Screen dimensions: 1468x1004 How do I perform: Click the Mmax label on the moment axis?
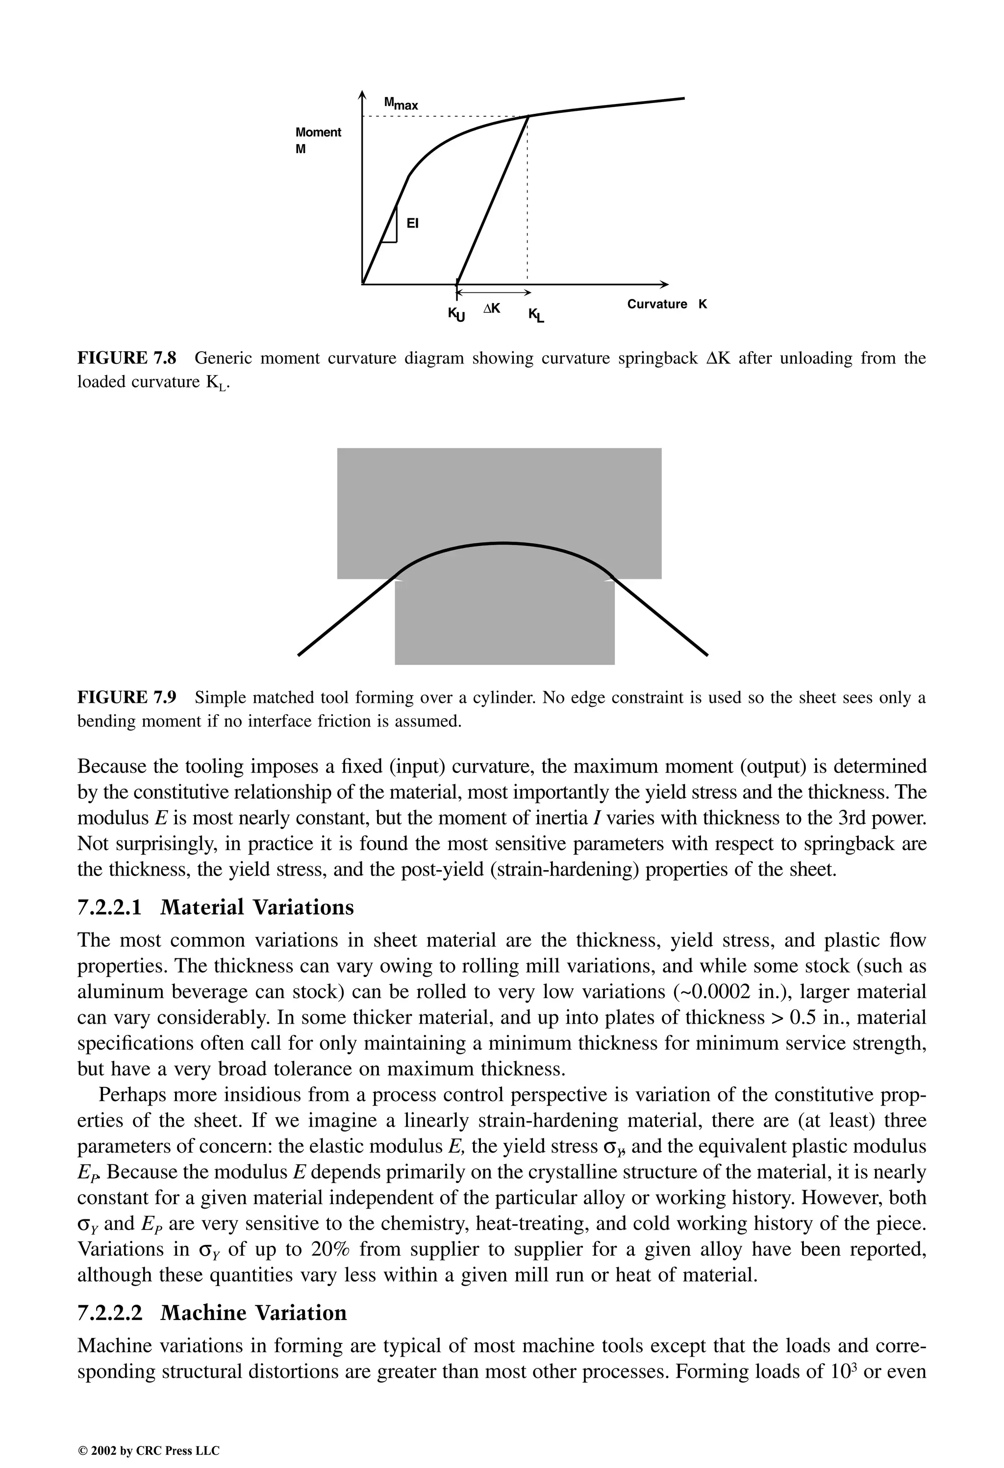pos(401,103)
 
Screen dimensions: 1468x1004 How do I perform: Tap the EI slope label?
pos(412,224)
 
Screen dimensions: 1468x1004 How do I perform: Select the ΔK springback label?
pos(491,308)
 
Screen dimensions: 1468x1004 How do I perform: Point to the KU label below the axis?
pos(456,314)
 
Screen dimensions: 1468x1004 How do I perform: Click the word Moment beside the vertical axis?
pos(318,132)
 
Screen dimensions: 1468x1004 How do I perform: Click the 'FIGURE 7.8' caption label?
pos(126,358)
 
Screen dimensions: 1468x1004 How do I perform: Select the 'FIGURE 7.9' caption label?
pos(126,697)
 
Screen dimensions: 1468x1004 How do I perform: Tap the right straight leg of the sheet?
pos(660,616)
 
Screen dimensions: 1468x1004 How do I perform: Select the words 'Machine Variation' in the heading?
pos(253,1313)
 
